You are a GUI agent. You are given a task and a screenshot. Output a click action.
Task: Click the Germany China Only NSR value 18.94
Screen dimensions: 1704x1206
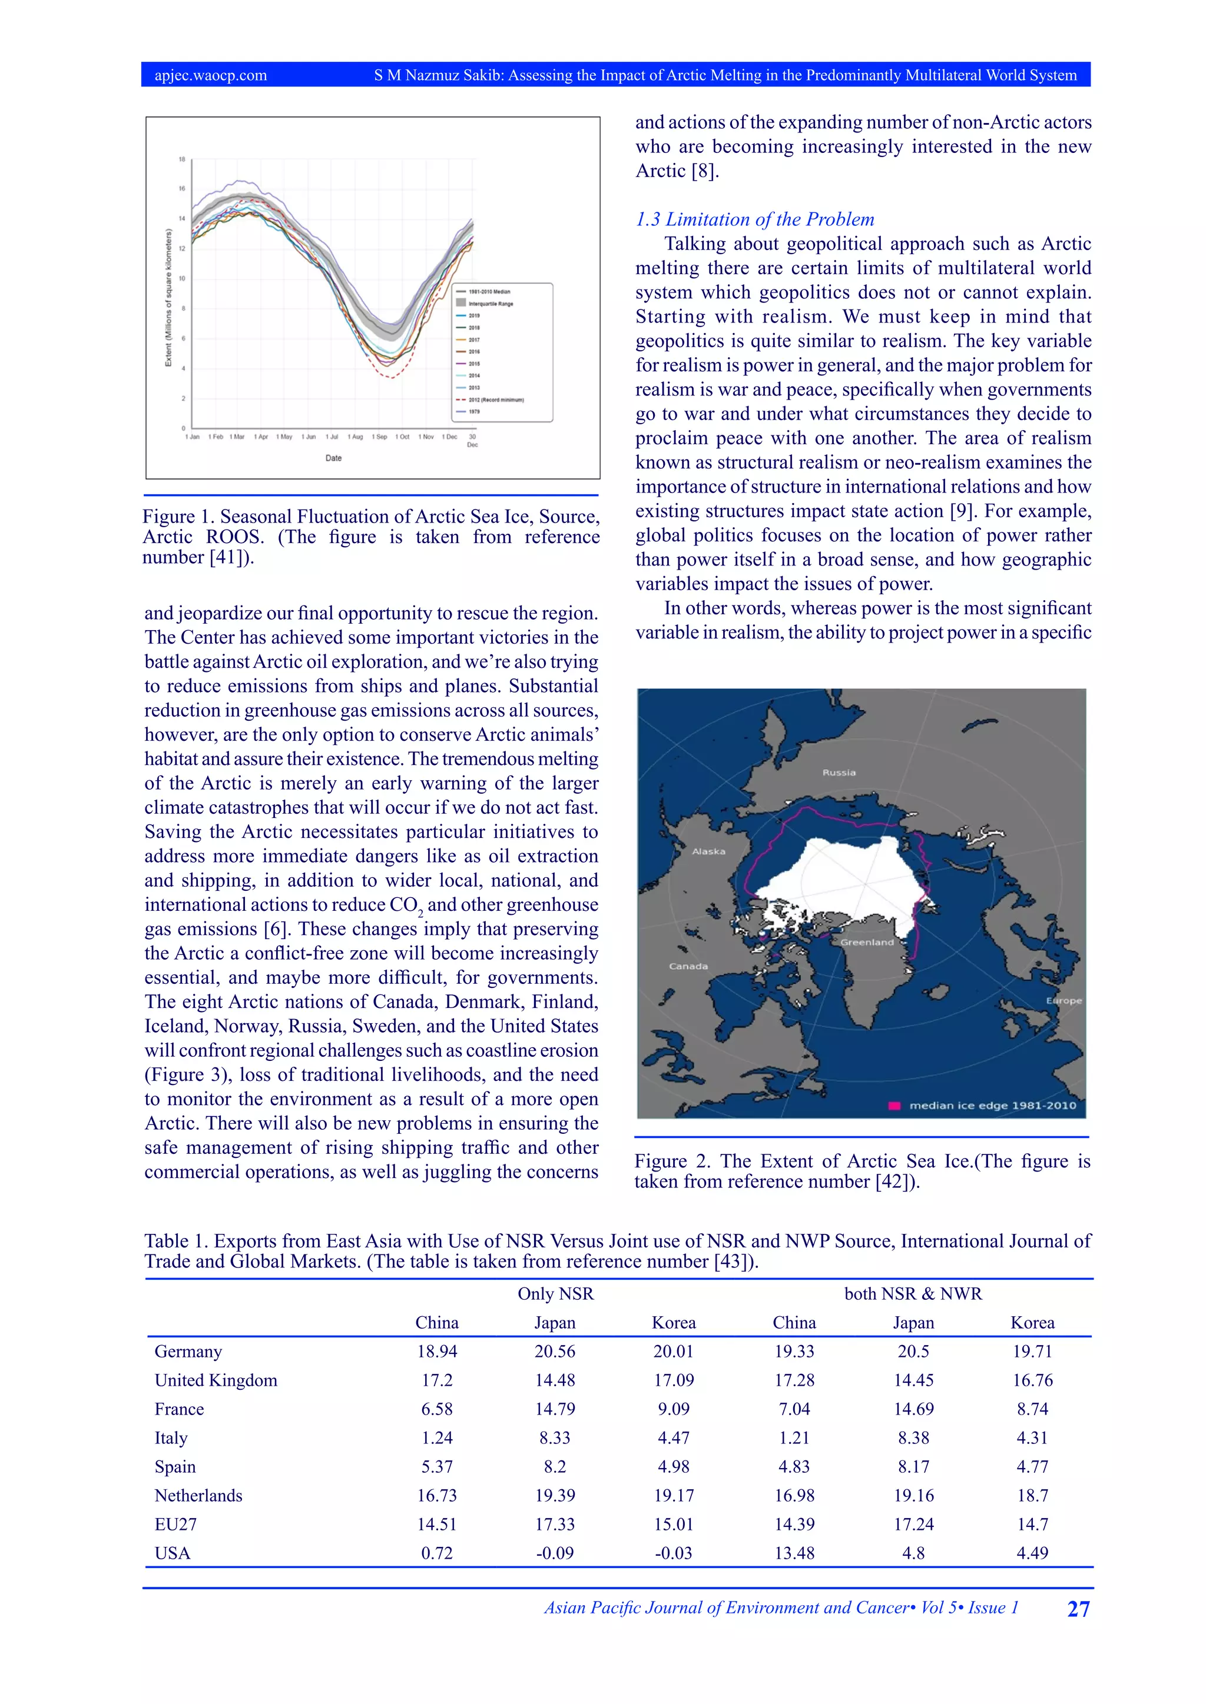tap(437, 1352)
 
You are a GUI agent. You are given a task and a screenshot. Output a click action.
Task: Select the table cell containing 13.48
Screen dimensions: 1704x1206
tap(794, 1553)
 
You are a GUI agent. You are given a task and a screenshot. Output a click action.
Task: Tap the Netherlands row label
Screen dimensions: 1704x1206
tap(198, 1496)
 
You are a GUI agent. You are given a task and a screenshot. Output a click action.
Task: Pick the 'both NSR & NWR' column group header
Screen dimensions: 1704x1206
tap(913, 1293)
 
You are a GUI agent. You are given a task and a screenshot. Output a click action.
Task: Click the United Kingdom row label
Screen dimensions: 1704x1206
tap(216, 1380)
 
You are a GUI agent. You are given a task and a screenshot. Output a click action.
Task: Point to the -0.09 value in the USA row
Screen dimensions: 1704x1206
tap(555, 1553)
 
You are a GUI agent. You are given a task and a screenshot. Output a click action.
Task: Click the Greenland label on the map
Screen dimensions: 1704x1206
tap(867, 943)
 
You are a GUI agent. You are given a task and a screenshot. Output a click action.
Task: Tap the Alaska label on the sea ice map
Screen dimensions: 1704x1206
tap(708, 851)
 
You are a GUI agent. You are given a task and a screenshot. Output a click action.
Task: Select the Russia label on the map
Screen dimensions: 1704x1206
tap(839, 773)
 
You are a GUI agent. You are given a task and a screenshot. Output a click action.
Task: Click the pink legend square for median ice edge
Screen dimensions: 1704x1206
tap(895, 1106)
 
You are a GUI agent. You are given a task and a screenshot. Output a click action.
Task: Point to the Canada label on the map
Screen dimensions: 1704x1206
tap(688, 966)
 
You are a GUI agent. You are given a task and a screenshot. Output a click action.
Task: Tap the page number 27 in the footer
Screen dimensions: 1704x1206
tap(1078, 1609)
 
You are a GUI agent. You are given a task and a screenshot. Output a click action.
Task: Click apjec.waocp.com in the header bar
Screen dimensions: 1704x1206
tap(211, 75)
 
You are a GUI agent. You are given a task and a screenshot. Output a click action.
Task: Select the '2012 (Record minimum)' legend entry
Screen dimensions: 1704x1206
tap(495, 400)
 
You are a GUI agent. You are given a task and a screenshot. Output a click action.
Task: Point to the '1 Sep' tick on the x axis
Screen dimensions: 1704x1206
tap(379, 437)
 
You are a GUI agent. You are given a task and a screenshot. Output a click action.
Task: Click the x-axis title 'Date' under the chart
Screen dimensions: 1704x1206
tap(333, 458)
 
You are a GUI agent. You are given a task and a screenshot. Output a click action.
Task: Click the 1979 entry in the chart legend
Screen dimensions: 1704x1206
tap(474, 412)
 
